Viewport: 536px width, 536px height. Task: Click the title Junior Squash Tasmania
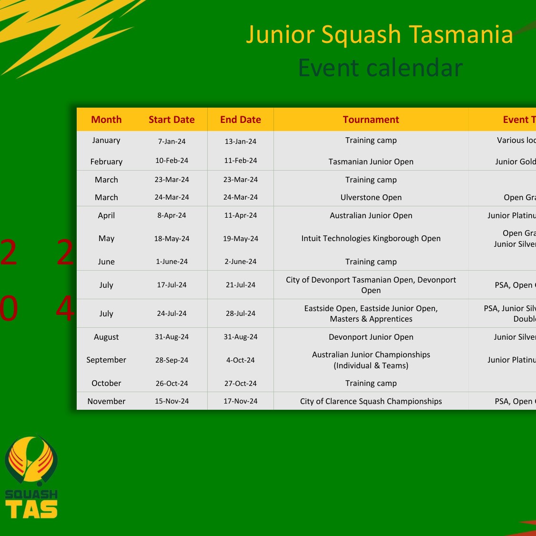point(379,34)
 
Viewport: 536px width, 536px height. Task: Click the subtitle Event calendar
point(380,68)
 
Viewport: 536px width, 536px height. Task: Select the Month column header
point(106,120)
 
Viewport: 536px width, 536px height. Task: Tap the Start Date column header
point(172,120)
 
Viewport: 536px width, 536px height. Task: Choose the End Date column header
point(241,120)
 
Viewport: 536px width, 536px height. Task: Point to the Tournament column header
point(371,120)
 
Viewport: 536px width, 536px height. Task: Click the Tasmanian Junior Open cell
point(371,162)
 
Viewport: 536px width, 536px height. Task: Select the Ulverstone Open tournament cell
point(371,197)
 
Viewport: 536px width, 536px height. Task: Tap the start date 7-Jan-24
point(172,142)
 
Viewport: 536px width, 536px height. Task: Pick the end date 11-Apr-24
point(241,215)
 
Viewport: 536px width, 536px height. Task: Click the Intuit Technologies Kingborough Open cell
point(371,238)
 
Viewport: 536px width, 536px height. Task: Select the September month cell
point(106,360)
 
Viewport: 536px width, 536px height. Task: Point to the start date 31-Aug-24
point(172,337)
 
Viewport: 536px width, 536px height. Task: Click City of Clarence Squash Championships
point(371,401)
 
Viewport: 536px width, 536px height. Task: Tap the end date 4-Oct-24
point(241,360)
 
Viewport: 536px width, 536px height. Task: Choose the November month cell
point(106,401)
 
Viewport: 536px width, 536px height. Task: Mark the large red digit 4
point(65,308)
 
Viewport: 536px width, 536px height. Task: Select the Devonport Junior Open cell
point(371,337)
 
